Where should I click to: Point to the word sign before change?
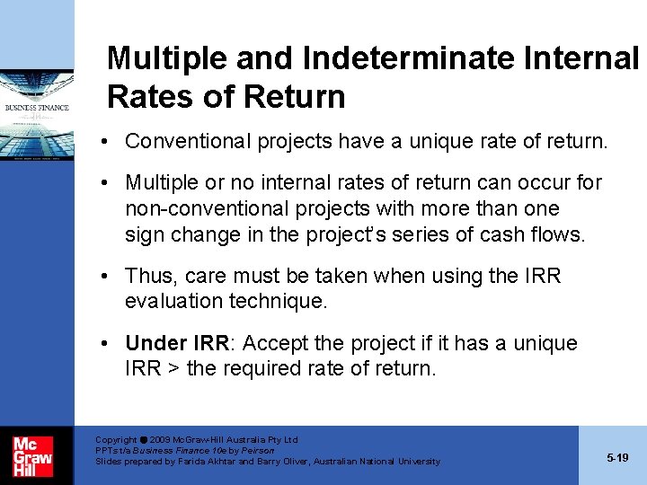tap(146, 234)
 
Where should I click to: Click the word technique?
tap(280, 302)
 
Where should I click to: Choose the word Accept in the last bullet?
tap(276, 343)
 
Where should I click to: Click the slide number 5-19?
tap(617, 458)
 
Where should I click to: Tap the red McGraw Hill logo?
tap(32, 455)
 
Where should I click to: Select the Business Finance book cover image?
tap(37, 99)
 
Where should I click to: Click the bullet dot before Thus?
tap(107, 276)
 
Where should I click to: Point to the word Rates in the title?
tap(146, 96)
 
